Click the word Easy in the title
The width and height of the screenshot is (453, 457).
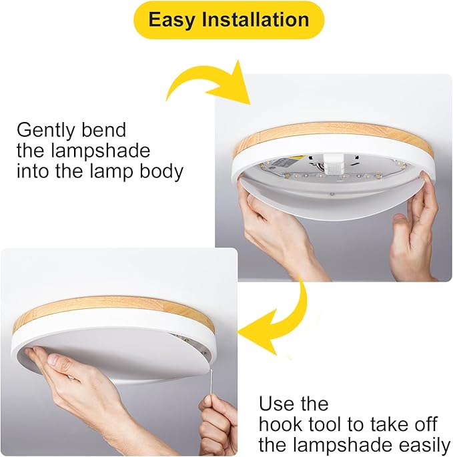(x=171, y=20)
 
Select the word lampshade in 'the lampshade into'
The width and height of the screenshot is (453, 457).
(x=100, y=151)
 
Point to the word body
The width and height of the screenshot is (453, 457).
(x=161, y=171)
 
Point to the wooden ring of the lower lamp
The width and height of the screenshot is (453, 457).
(x=113, y=309)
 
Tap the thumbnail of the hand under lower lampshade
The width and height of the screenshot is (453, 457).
(x=54, y=359)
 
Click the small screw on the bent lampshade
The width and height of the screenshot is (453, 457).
(x=332, y=193)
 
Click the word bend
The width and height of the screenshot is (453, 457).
(x=104, y=129)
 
